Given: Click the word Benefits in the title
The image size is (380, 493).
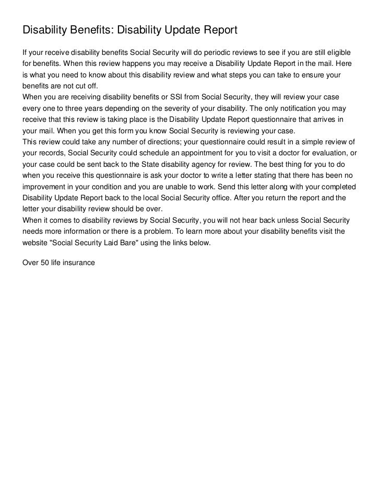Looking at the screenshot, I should pos(89,31).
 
